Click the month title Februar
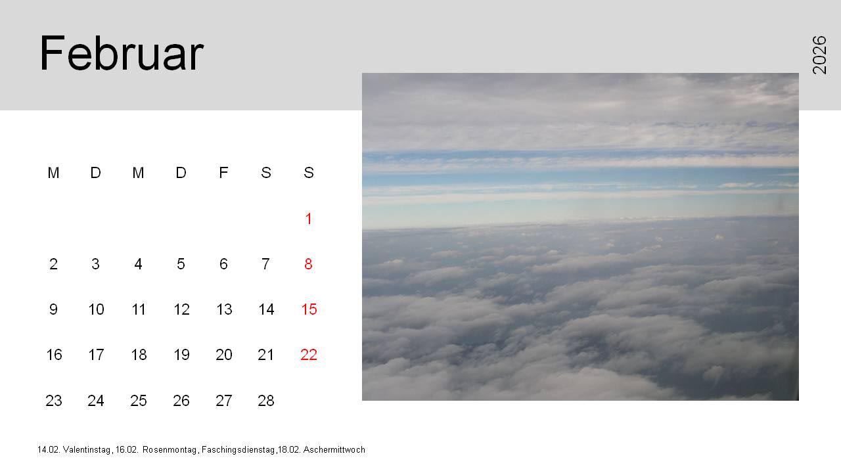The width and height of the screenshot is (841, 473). click(122, 53)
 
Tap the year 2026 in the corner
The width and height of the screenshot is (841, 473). click(819, 55)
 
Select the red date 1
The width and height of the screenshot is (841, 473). click(309, 219)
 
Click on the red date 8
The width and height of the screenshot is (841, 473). click(308, 264)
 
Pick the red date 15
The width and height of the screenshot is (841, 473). click(309, 309)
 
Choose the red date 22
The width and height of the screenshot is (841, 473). click(309, 355)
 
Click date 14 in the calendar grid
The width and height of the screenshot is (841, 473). click(266, 309)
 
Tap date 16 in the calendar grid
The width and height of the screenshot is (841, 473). click(54, 355)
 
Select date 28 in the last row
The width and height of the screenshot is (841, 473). click(266, 401)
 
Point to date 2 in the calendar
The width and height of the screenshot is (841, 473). click(53, 264)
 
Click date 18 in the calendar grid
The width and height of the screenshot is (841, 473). click(139, 355)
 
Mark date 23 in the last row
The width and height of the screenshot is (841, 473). click(54, 401)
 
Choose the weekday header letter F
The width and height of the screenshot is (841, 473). click(223, 173)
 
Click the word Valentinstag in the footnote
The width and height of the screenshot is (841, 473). click(87, 450)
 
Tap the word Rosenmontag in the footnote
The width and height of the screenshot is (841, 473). click(170, 450)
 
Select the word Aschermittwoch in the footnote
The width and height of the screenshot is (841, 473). click(334, 450)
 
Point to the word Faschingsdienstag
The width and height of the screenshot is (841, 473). click(239, 450)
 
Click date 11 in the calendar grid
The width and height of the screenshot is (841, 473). click(139, 309)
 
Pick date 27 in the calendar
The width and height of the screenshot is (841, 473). click(223, 401)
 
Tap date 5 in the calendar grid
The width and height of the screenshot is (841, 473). click(181, 264)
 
